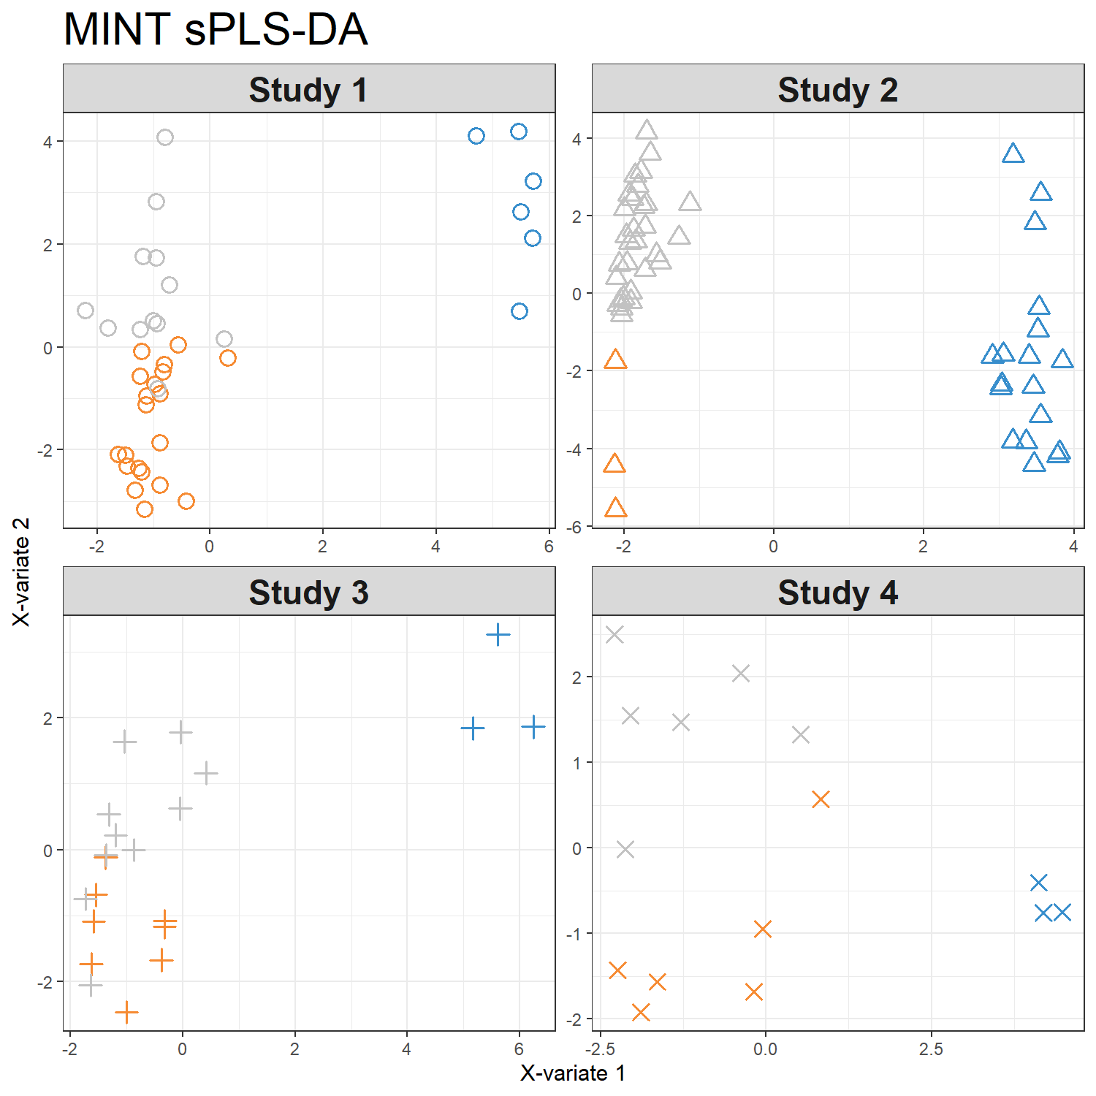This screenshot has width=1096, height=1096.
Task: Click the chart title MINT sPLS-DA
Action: click(x=216, y=30)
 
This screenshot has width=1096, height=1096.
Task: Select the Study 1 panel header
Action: click(x=308, y=90)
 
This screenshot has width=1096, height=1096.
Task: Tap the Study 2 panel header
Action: click(x=837, y=90)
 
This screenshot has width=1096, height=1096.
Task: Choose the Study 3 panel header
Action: click(x=308, y=593)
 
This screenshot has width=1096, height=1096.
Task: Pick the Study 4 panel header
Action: click(x=837, y=593)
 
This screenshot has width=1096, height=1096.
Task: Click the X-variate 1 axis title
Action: click(x=573, y=1073)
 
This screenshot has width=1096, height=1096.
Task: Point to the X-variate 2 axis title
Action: click(x=22, y=571)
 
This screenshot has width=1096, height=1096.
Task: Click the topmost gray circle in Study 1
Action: click(x=165, y=137)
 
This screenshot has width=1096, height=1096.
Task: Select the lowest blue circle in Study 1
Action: click(x=520, y=311)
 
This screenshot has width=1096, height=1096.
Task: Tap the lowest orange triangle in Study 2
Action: click(x=616, y=508)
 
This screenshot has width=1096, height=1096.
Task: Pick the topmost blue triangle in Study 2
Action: click(x=1013, y=153)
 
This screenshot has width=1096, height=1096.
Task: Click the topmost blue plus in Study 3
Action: click(x=498, y=634)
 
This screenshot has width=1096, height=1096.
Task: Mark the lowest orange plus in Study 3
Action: click(x=126, y=1012)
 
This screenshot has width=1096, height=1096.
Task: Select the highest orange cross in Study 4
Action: click(x=821, y=799)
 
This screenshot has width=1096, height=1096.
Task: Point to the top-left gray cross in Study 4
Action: click(x=614, y=634)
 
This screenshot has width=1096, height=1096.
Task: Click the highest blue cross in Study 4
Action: click(x=1038, y=883)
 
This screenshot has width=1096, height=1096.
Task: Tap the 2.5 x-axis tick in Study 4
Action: click(x=931, y=1049)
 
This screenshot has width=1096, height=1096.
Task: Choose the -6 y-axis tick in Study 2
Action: click(x=576, y=527)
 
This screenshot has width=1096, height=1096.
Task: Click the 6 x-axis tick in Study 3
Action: click(x=519, y=1049)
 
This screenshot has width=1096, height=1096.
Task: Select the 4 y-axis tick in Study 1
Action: click(x=48, y=142)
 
